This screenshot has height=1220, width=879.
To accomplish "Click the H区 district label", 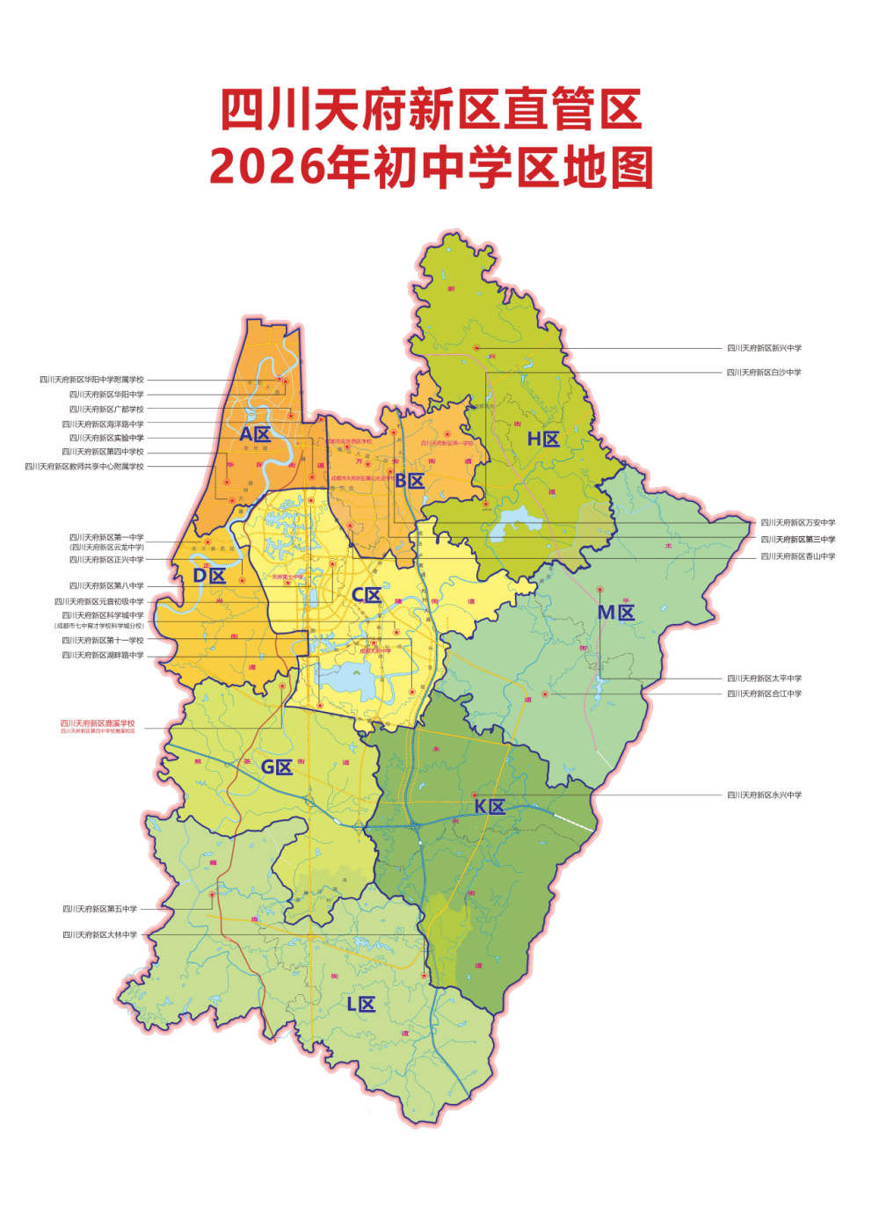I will click(543, 439).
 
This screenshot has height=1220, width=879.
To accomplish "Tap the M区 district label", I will click(616, 613).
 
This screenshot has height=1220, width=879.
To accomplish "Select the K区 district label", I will click(490, 807).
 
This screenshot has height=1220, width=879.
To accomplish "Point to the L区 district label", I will click(360, 1005).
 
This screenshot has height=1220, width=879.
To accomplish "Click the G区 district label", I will click(277, 767).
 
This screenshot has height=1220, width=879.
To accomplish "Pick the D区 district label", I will click(209, 576).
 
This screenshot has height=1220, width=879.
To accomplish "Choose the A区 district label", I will click(255, 434).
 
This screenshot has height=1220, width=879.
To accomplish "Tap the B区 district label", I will click(410, 481).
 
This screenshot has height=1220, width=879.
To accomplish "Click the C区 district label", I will click(367, 595).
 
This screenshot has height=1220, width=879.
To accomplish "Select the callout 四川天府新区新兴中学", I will click(763, 348).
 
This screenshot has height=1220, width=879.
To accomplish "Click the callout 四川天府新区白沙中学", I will click(763, 373).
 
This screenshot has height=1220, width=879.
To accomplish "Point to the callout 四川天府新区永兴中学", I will click(763, 795).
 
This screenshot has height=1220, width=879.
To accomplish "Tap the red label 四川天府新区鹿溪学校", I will click(98, 723).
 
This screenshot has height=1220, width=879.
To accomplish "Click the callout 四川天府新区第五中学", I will click(99, 909).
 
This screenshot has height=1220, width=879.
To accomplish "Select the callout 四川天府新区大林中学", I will click(99, 935).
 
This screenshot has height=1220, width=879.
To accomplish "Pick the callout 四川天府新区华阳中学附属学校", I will click(91, 380).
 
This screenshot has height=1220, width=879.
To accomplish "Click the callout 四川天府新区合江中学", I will click(763, 694).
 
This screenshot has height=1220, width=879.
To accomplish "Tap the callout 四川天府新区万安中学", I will click(797, 523).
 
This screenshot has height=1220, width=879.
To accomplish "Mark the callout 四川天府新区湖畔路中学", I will click(103, 656).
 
